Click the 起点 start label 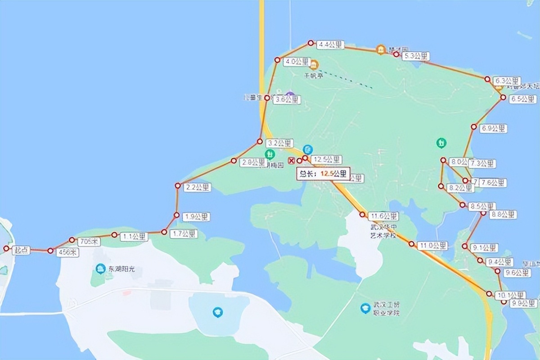point(21,251)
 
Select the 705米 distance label point(89,242)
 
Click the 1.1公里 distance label point(133,236)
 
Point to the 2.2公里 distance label point(197,187)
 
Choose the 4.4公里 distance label point(330,45)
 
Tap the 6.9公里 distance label point(493,128)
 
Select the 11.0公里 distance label point(432,246)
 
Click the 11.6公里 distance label point(383,216)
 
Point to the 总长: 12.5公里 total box point(323,174)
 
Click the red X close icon point(291,161)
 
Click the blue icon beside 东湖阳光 point(100,269)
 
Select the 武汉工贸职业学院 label point(386,308)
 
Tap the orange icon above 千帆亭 point(314,65)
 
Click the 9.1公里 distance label point(484,247)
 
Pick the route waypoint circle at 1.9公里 point(176,215)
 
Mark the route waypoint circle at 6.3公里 point(487,79)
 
